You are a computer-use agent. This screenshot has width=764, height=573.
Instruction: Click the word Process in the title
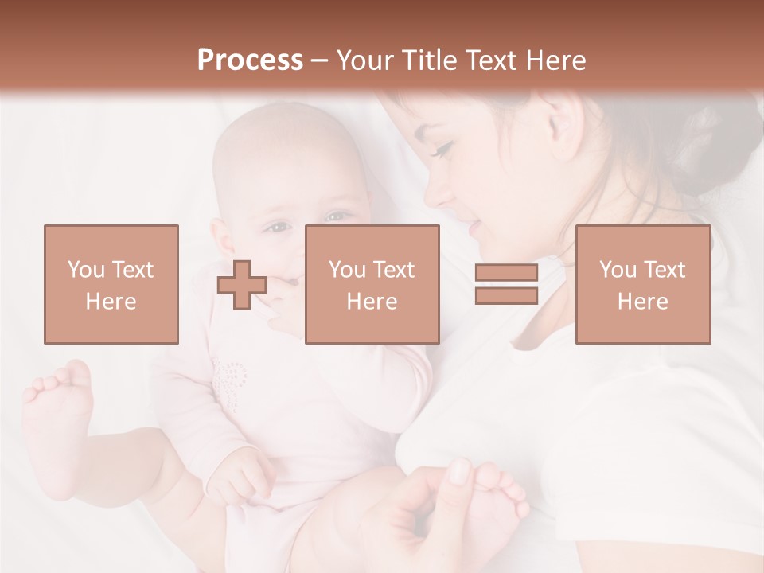click(250, 60)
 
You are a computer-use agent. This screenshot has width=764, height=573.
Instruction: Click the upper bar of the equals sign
click(506, 273)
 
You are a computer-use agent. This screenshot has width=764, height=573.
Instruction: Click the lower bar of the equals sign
click(506, 296)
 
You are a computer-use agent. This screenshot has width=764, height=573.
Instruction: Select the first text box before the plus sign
click(111, 284)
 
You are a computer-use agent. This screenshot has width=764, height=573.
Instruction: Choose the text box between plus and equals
click(372, 284)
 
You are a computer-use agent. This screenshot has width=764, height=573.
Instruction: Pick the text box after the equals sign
click(642, 284)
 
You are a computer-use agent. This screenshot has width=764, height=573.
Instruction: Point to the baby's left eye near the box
click(279, 228)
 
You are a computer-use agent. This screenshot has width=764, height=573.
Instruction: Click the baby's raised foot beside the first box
click(60, 414)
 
